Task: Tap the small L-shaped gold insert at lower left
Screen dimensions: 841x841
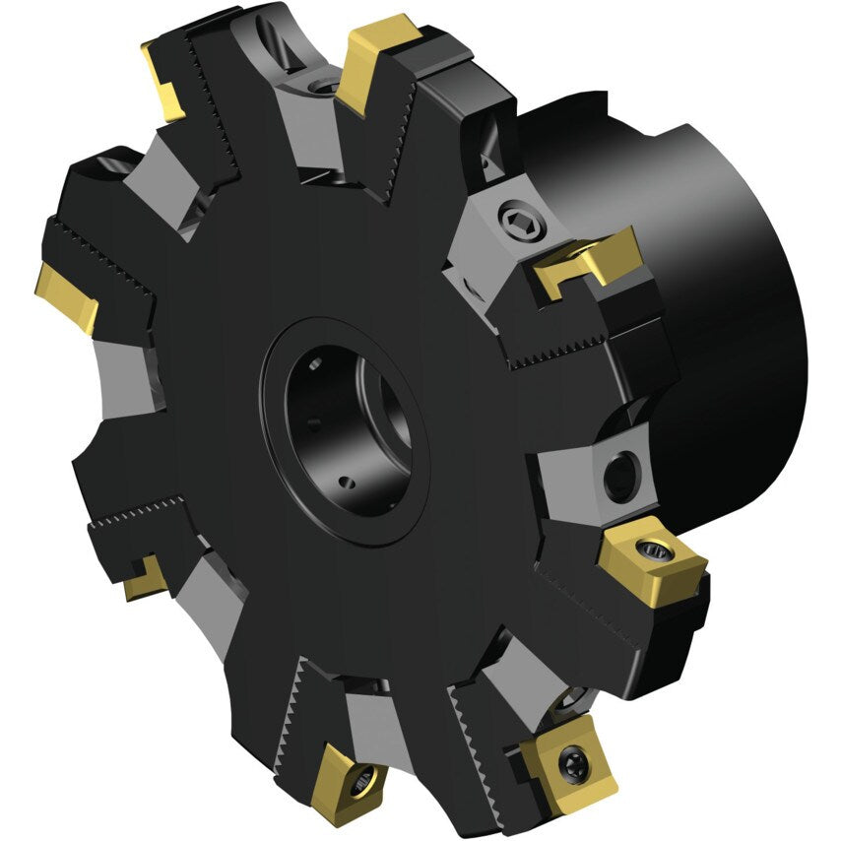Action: tap(146, 578)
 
